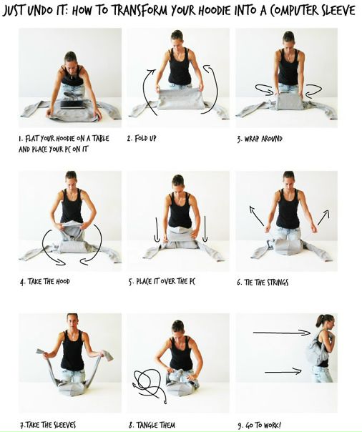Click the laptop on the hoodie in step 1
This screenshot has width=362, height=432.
(73, 104)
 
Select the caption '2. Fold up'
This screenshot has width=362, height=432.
(142, 138)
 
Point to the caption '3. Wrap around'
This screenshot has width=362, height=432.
(260, 139)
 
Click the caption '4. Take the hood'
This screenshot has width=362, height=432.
(44, 282)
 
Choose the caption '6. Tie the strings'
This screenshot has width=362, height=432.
(263, 283)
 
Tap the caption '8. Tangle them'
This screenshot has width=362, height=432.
(152, 425)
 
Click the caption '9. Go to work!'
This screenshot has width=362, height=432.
(259, 425)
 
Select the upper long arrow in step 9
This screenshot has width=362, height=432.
(282, 333)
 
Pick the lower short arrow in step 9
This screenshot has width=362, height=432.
(283, 371)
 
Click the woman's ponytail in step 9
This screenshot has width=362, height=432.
(319, 320)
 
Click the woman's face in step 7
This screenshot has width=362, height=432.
(72, 322)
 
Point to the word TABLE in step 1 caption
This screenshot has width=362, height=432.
(100, 138)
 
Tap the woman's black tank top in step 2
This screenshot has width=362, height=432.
(180, 67)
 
